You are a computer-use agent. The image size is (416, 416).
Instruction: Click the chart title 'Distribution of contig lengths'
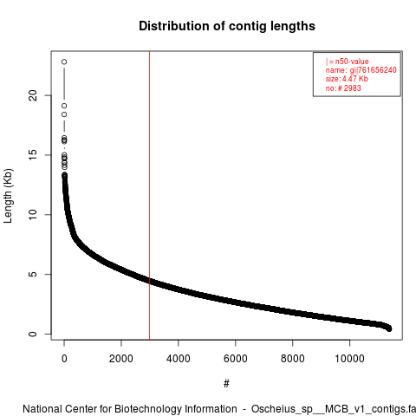click(x=227, y=26)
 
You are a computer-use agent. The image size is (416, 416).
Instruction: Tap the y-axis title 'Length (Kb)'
click(x=8, y=196)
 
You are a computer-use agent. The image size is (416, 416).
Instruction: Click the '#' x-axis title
click(x=226, y=383)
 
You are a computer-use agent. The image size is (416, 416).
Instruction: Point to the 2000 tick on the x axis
click(x=121, y=359)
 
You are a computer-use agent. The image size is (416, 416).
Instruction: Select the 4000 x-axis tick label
click(x=179, y=359)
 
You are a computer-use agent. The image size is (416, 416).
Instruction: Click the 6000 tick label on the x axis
click(x=236, y=359)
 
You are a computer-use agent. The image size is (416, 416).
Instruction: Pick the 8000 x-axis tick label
click(x=293, y=359)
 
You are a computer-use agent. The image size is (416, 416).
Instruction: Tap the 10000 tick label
click(x=349, y=359)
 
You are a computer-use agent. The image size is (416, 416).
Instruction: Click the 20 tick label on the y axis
click(x=33, y=95)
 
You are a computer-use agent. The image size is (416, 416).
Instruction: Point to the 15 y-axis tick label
click(x=33, y=155)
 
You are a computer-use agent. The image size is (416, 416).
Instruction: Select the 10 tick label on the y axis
click(x=33, y=215)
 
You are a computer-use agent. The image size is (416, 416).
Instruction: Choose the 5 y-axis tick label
click(x=33, y=274)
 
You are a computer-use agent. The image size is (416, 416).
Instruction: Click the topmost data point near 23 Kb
click(x=64, y=62)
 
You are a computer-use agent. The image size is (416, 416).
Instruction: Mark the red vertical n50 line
click(x=149, y=196)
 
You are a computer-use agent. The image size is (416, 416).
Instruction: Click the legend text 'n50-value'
click(x=352, y=62)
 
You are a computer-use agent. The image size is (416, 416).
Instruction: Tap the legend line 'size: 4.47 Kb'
click(x=347, y=79)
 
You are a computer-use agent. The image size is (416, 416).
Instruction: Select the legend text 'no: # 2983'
click(x=343, y=88)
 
